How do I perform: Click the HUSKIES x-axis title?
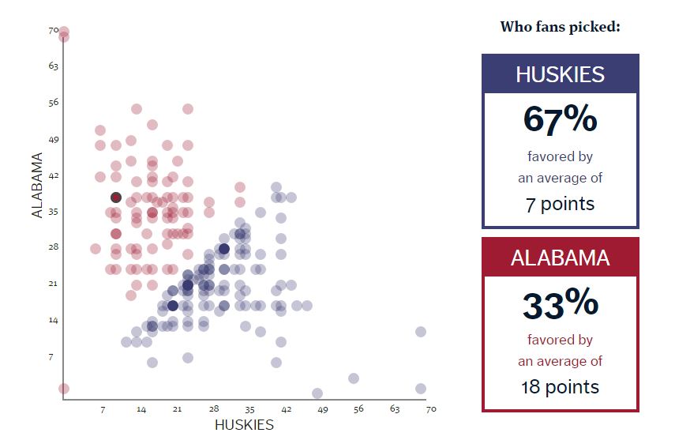pos(244,425)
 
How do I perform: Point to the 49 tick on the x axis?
pos(322,409)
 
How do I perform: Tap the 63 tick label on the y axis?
pos(53,66)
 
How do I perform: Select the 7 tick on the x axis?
pos(103,409)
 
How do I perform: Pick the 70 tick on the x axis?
pos(431,409)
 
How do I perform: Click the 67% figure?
pos(560,119)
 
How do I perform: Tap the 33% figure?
pos(560,304)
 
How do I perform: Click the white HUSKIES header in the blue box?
pos(560,74)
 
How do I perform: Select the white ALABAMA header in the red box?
pos(560,258)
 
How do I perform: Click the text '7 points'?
pos(560,205)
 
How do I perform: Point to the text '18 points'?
pos(560,387)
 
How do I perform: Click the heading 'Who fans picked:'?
pos(560,27)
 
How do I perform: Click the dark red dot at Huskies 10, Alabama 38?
pos(116,198)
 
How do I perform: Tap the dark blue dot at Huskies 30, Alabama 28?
pos(224,249)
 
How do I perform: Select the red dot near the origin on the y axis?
pos(64,389)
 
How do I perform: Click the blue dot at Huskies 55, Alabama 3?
pos(354,378)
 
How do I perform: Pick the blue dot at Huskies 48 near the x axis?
pos(317,393)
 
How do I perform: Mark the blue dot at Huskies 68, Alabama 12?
pos(421,332)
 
